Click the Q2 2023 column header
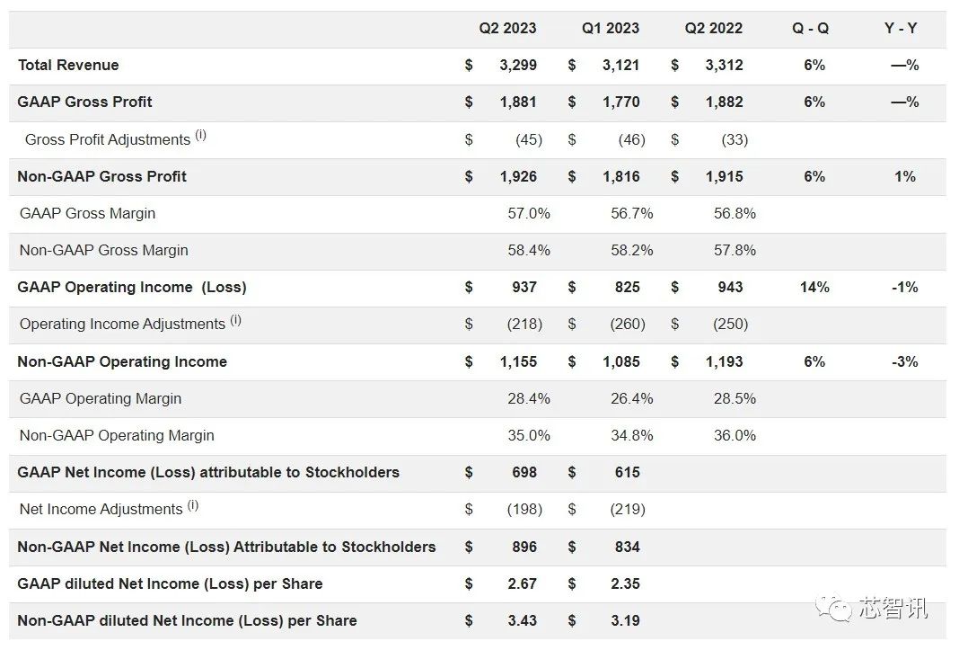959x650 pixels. [x=507, y=28]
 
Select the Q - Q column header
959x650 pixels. [x=810, y=28]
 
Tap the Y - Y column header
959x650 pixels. [x=901, y=28]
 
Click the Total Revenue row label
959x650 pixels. [x=68, y=65]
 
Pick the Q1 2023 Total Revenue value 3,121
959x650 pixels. [x=620, y=65]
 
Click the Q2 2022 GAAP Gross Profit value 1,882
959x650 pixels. [x=724, y=102]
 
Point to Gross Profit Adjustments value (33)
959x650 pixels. [x=735, y=139]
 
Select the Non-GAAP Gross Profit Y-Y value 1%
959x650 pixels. [x=905, y=176]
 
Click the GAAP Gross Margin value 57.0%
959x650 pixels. [x=529, y=213]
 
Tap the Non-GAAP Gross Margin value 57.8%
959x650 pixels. [x=735, y=250]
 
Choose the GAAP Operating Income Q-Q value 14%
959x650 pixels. [x=814, y=287]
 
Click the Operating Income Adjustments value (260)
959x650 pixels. [x=628, y=324]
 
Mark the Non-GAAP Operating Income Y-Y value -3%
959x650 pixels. [x=904, y=361]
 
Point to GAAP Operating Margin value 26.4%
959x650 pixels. [x=632, y=398]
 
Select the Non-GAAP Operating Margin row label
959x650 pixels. [x=117, y=435]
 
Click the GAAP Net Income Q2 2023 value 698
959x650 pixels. [x=524, y=472]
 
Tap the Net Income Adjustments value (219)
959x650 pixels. [x=628, y=509]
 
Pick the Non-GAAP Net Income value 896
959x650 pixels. [x=524, y=547]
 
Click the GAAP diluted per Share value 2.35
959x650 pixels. [x=625, y=583]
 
